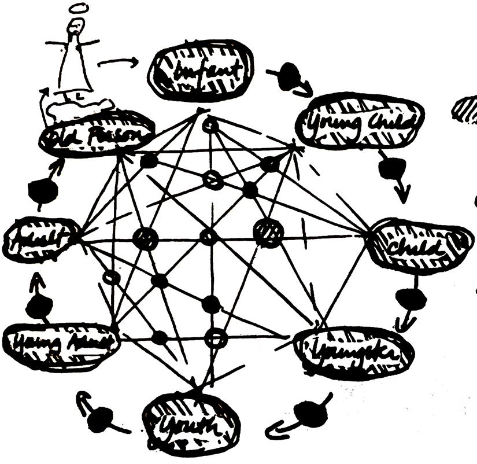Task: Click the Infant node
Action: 201,70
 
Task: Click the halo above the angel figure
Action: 76,9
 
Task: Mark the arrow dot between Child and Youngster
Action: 411,298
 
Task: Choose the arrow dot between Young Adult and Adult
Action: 39,307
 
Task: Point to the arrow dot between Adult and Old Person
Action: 42,189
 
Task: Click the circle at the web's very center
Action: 209,237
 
